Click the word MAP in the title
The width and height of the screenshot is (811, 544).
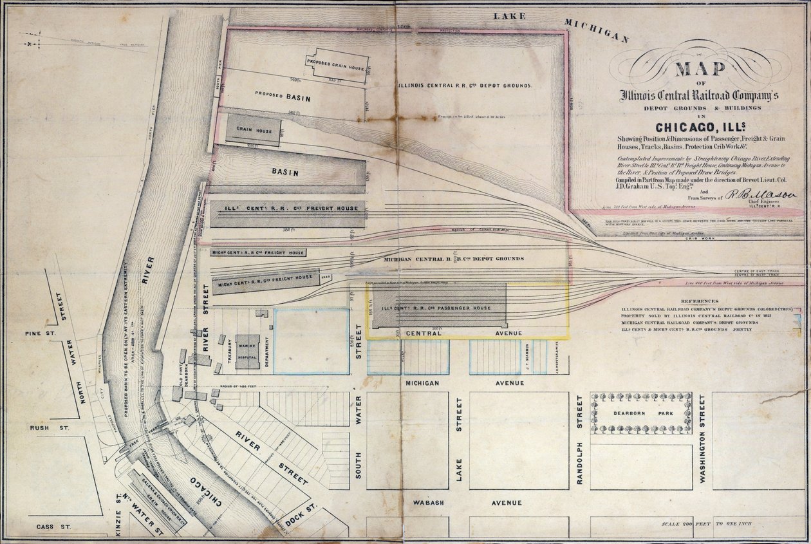(x=700, y=70)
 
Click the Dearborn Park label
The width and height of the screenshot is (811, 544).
(x=640, y=413)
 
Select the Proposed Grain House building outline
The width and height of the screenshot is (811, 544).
(x=337, y=66)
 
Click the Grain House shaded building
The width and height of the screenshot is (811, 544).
(x=253, y=130)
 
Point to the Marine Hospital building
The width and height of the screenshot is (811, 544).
(x=247, y=352)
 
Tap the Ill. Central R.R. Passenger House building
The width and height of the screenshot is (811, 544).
(x=440, y=305)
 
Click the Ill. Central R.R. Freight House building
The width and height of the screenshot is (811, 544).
(x=288, y=214)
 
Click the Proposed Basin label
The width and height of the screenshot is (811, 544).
(x=283, y=98)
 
